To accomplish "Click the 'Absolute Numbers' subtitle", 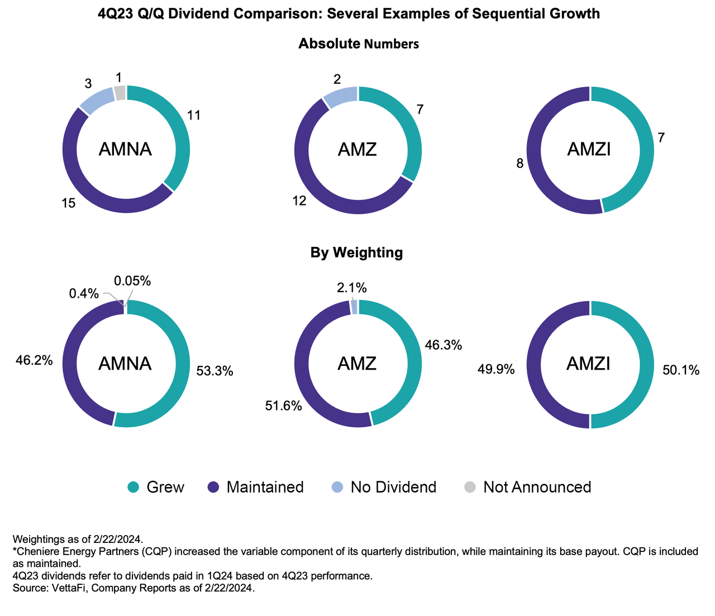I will tap(358, 44).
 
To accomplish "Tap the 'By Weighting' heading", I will tap(356, 252).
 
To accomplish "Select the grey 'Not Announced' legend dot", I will tap(470, 487).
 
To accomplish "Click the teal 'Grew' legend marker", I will tap(134, 487).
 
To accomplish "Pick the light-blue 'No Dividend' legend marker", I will tap(337, 487).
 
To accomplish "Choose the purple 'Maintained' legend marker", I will tap(213, 487).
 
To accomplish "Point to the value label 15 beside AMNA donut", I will tap(68, 204).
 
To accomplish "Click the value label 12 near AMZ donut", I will tap(299, 201).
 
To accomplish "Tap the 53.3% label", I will tap(214, 371).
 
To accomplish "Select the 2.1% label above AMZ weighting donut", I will tap(351, 288).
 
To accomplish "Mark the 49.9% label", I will tap(495, 369).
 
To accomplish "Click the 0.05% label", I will tap(132, 281).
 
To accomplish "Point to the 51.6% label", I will tap(283, 406).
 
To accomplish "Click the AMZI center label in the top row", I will tap(589, 150).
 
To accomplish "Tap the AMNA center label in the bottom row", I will tap(125, 364).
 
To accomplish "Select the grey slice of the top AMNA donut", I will tap(120, 93).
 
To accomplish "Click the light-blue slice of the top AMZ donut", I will tap(340, 97).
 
